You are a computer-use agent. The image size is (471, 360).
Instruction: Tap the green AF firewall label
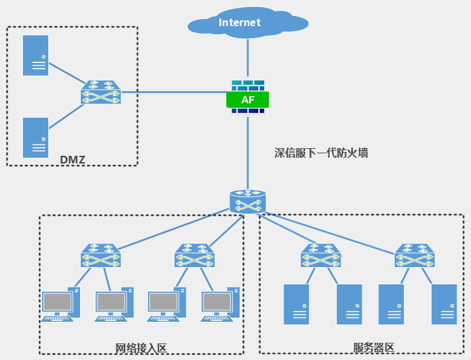coord(247,99)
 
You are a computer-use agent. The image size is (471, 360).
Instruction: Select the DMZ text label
coord(72,159)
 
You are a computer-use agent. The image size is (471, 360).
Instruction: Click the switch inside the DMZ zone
coord(100,93)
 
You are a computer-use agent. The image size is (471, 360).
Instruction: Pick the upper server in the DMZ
coord(36,55)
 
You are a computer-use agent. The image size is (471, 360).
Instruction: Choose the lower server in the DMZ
coord(36,137)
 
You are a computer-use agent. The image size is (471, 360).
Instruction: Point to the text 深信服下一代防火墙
coord(321,153)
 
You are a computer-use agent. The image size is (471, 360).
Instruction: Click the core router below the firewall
coord(248,200)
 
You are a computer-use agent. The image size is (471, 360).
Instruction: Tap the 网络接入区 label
coord(140,348)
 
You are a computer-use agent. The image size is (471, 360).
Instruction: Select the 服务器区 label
coord(374,348)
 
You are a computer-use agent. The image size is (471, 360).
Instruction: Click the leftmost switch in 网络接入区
coord(100,256)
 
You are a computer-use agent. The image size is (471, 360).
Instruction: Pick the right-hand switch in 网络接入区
coord(195,256)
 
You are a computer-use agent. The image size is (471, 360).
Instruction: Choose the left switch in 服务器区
coord(322,256)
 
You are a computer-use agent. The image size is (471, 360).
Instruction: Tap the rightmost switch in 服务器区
coord(415,256)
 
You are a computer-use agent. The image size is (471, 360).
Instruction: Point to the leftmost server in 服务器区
coord(296,304)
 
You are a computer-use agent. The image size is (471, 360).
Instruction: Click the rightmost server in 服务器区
coord(444,304)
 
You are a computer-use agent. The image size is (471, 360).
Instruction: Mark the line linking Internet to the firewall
coord(248,57)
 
